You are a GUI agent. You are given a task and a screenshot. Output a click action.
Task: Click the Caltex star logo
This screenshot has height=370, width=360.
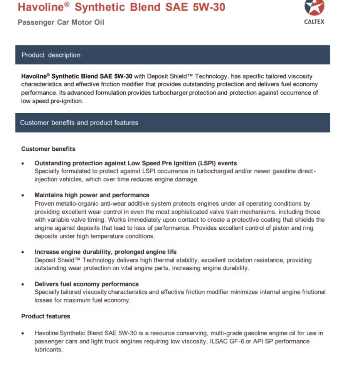click(x=314, y=8)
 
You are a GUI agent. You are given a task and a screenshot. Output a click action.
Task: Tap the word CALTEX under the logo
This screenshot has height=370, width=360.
click(x=314, y=22)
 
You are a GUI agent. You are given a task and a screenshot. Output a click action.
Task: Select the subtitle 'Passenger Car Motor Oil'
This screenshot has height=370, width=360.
click(x=61, y=22)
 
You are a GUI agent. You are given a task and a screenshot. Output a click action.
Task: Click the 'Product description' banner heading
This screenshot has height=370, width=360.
click(x=51, y=55)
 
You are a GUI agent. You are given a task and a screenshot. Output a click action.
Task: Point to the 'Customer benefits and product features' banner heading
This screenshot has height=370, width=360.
click(x=79, y=123)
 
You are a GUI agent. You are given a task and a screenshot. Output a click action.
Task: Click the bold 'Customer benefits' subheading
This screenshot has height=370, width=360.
click(x=48, y=149)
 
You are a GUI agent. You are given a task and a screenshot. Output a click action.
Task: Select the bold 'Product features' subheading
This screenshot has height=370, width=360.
click(x=45, y=316)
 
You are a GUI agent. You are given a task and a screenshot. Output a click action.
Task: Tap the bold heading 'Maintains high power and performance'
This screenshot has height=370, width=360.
click(x=92, y=195)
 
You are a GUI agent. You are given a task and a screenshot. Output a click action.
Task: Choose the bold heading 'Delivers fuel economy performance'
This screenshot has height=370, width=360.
click(x=86, y=284)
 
